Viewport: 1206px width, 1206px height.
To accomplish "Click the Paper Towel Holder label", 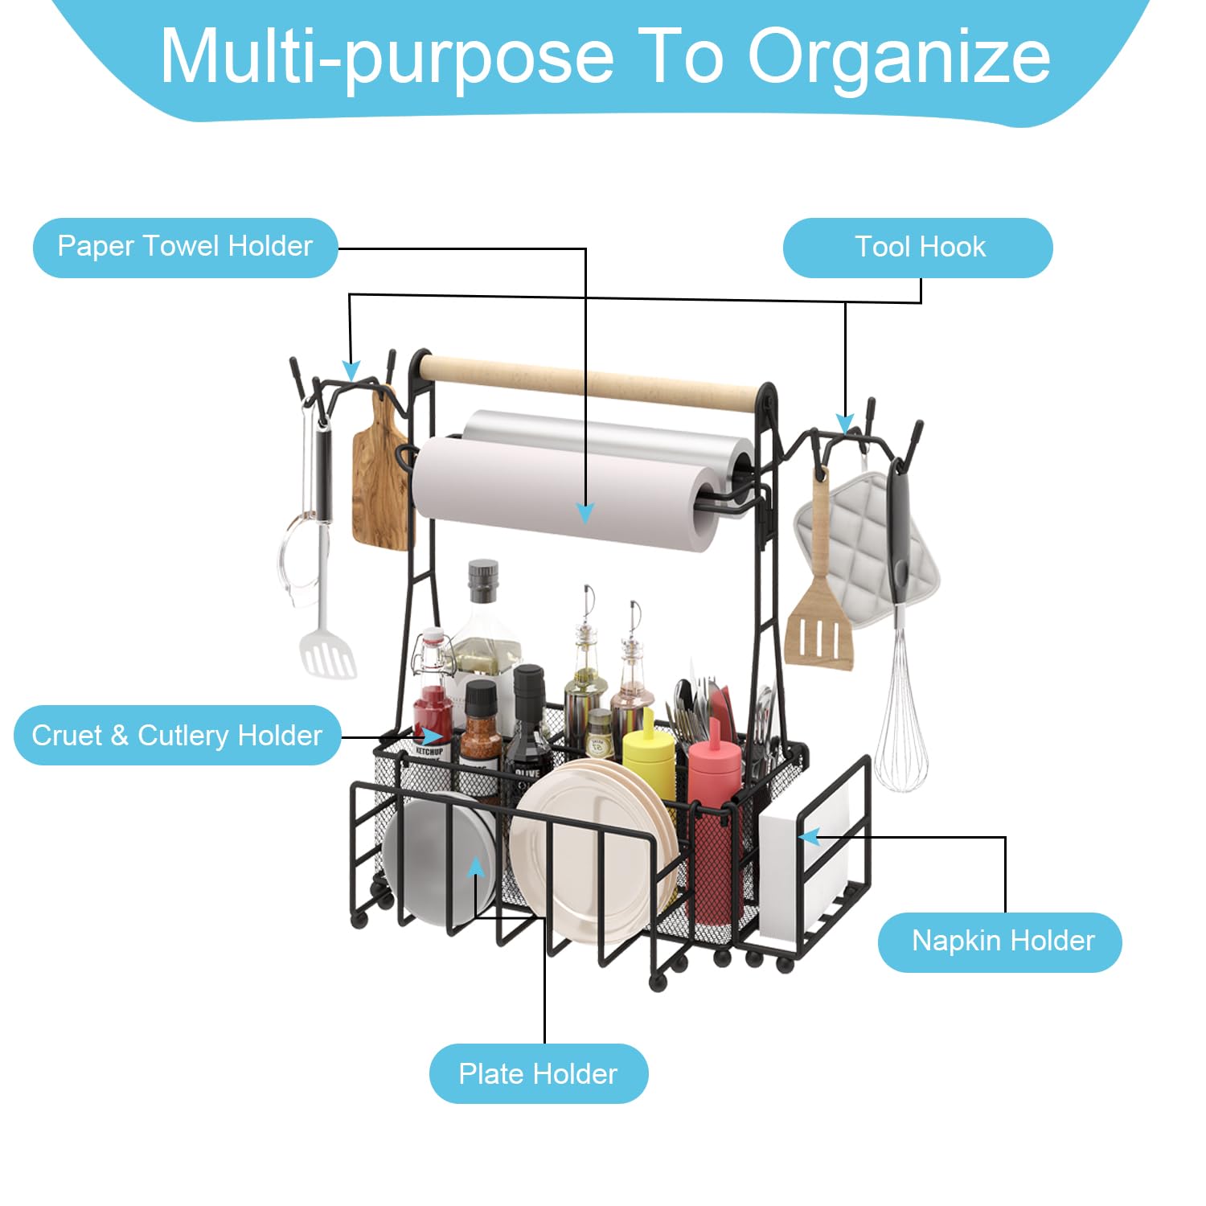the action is (185, 247).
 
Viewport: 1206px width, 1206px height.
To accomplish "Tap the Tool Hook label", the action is (918, 247).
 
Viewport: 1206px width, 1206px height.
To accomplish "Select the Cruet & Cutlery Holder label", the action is (177, 735).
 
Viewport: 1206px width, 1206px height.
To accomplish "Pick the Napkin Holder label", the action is (1000, 941).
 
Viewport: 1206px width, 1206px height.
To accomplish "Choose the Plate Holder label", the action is (539, 1073).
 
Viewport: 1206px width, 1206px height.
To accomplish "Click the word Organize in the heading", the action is (899, 56).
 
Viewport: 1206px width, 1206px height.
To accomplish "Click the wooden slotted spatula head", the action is (818, 627).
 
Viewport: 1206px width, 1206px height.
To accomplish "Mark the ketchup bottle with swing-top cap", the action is (433, 695).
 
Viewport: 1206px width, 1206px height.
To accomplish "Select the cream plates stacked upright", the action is (593, 848).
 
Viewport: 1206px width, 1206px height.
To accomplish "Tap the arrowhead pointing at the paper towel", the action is (585, 513).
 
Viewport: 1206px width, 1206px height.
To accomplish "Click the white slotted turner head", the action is (328, 654).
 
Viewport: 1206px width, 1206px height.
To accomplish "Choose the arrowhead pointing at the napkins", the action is (810, 837).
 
